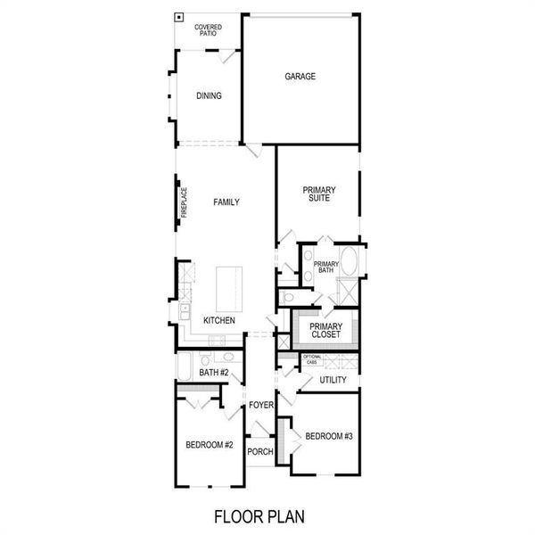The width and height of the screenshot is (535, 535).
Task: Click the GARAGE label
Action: coord(300,77)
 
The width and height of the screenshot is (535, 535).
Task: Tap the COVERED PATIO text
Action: coord(208,30)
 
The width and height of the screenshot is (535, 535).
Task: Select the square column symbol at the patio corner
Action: coord(179,16)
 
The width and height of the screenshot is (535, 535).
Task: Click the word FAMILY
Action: coord(226,202)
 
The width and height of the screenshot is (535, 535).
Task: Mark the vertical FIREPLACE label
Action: coord(184,203)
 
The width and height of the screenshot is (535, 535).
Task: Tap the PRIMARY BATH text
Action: coord(325,267)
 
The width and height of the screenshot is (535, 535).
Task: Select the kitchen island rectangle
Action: coord(228,285)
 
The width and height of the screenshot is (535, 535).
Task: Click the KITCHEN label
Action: coord(219,320)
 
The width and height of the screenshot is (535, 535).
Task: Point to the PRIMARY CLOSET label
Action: coord(325,331)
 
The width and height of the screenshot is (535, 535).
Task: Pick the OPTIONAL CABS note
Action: coord(311,360)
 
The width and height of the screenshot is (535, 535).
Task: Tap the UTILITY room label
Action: coord(333,381)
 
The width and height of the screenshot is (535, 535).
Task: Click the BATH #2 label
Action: coord(215,373)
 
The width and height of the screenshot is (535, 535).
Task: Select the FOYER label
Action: coord(260,405)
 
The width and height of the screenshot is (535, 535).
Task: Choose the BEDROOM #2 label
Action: coord(210,445)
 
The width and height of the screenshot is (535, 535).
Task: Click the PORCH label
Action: coord(259,451)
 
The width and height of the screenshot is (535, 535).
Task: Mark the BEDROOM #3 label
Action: coord(330,436)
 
